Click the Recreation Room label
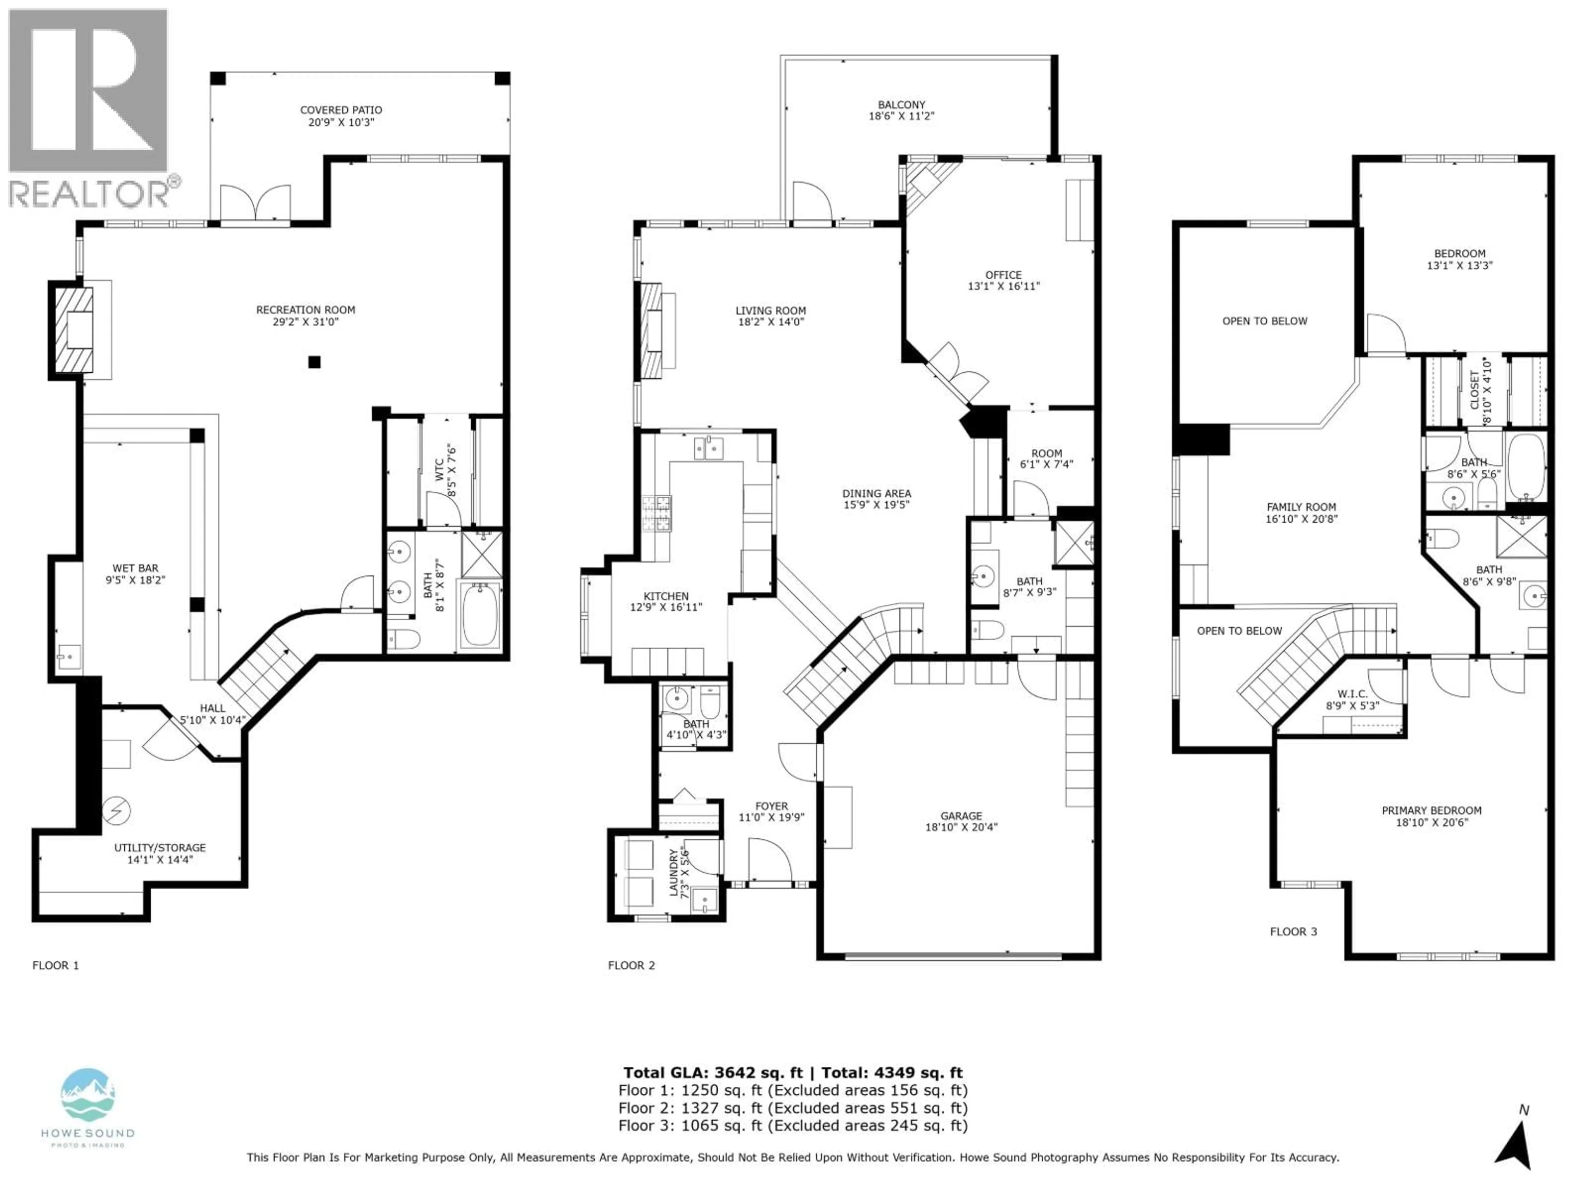point(306,310)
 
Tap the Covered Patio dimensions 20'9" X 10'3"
point(341,122)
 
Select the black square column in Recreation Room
point(314,362)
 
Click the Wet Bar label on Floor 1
point(135,568)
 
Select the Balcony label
point(901,105)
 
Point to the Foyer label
point(771,806)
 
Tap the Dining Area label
point(876,493)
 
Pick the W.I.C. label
point(1352,694)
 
